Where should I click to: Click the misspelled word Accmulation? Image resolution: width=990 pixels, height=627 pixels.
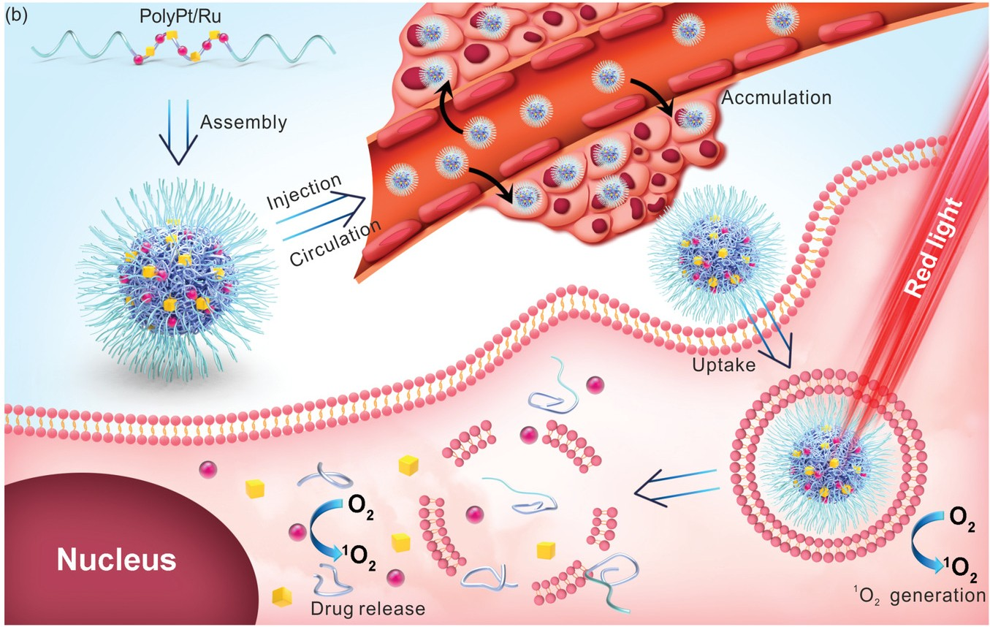click(x=776, y=97)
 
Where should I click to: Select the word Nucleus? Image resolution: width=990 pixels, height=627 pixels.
click(x=117, y=560)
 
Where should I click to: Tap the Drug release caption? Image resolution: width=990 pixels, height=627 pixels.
click(x=368, y=608)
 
